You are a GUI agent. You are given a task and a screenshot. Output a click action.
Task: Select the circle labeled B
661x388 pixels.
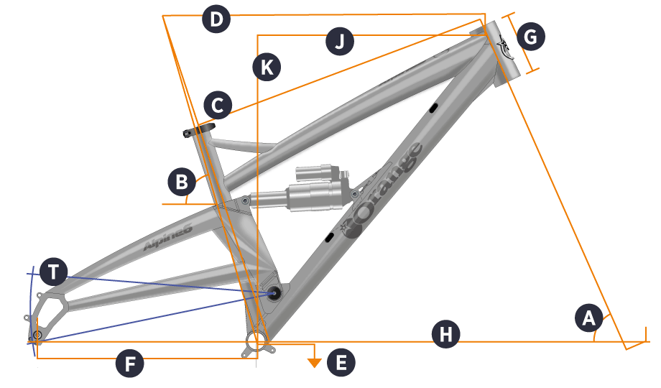pos(181,181)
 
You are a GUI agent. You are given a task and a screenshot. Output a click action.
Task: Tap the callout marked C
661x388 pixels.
pos(217,105)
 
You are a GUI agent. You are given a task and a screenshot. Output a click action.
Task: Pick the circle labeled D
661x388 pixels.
pos(215,19)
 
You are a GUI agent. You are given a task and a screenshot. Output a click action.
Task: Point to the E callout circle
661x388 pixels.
pos(341,362)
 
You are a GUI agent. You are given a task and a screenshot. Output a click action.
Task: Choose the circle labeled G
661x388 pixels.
pos(531,36)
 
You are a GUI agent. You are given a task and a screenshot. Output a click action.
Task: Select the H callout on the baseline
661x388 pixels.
pos(445,335)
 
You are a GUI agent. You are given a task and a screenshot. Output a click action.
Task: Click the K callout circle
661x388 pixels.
pos(266,68)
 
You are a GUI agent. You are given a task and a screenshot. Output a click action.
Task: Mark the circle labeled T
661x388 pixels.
pos(54,272)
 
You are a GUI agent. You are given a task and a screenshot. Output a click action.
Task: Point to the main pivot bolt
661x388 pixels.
pos(274,292)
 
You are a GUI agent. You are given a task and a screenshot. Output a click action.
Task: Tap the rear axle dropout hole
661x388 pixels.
pos(37,335)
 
